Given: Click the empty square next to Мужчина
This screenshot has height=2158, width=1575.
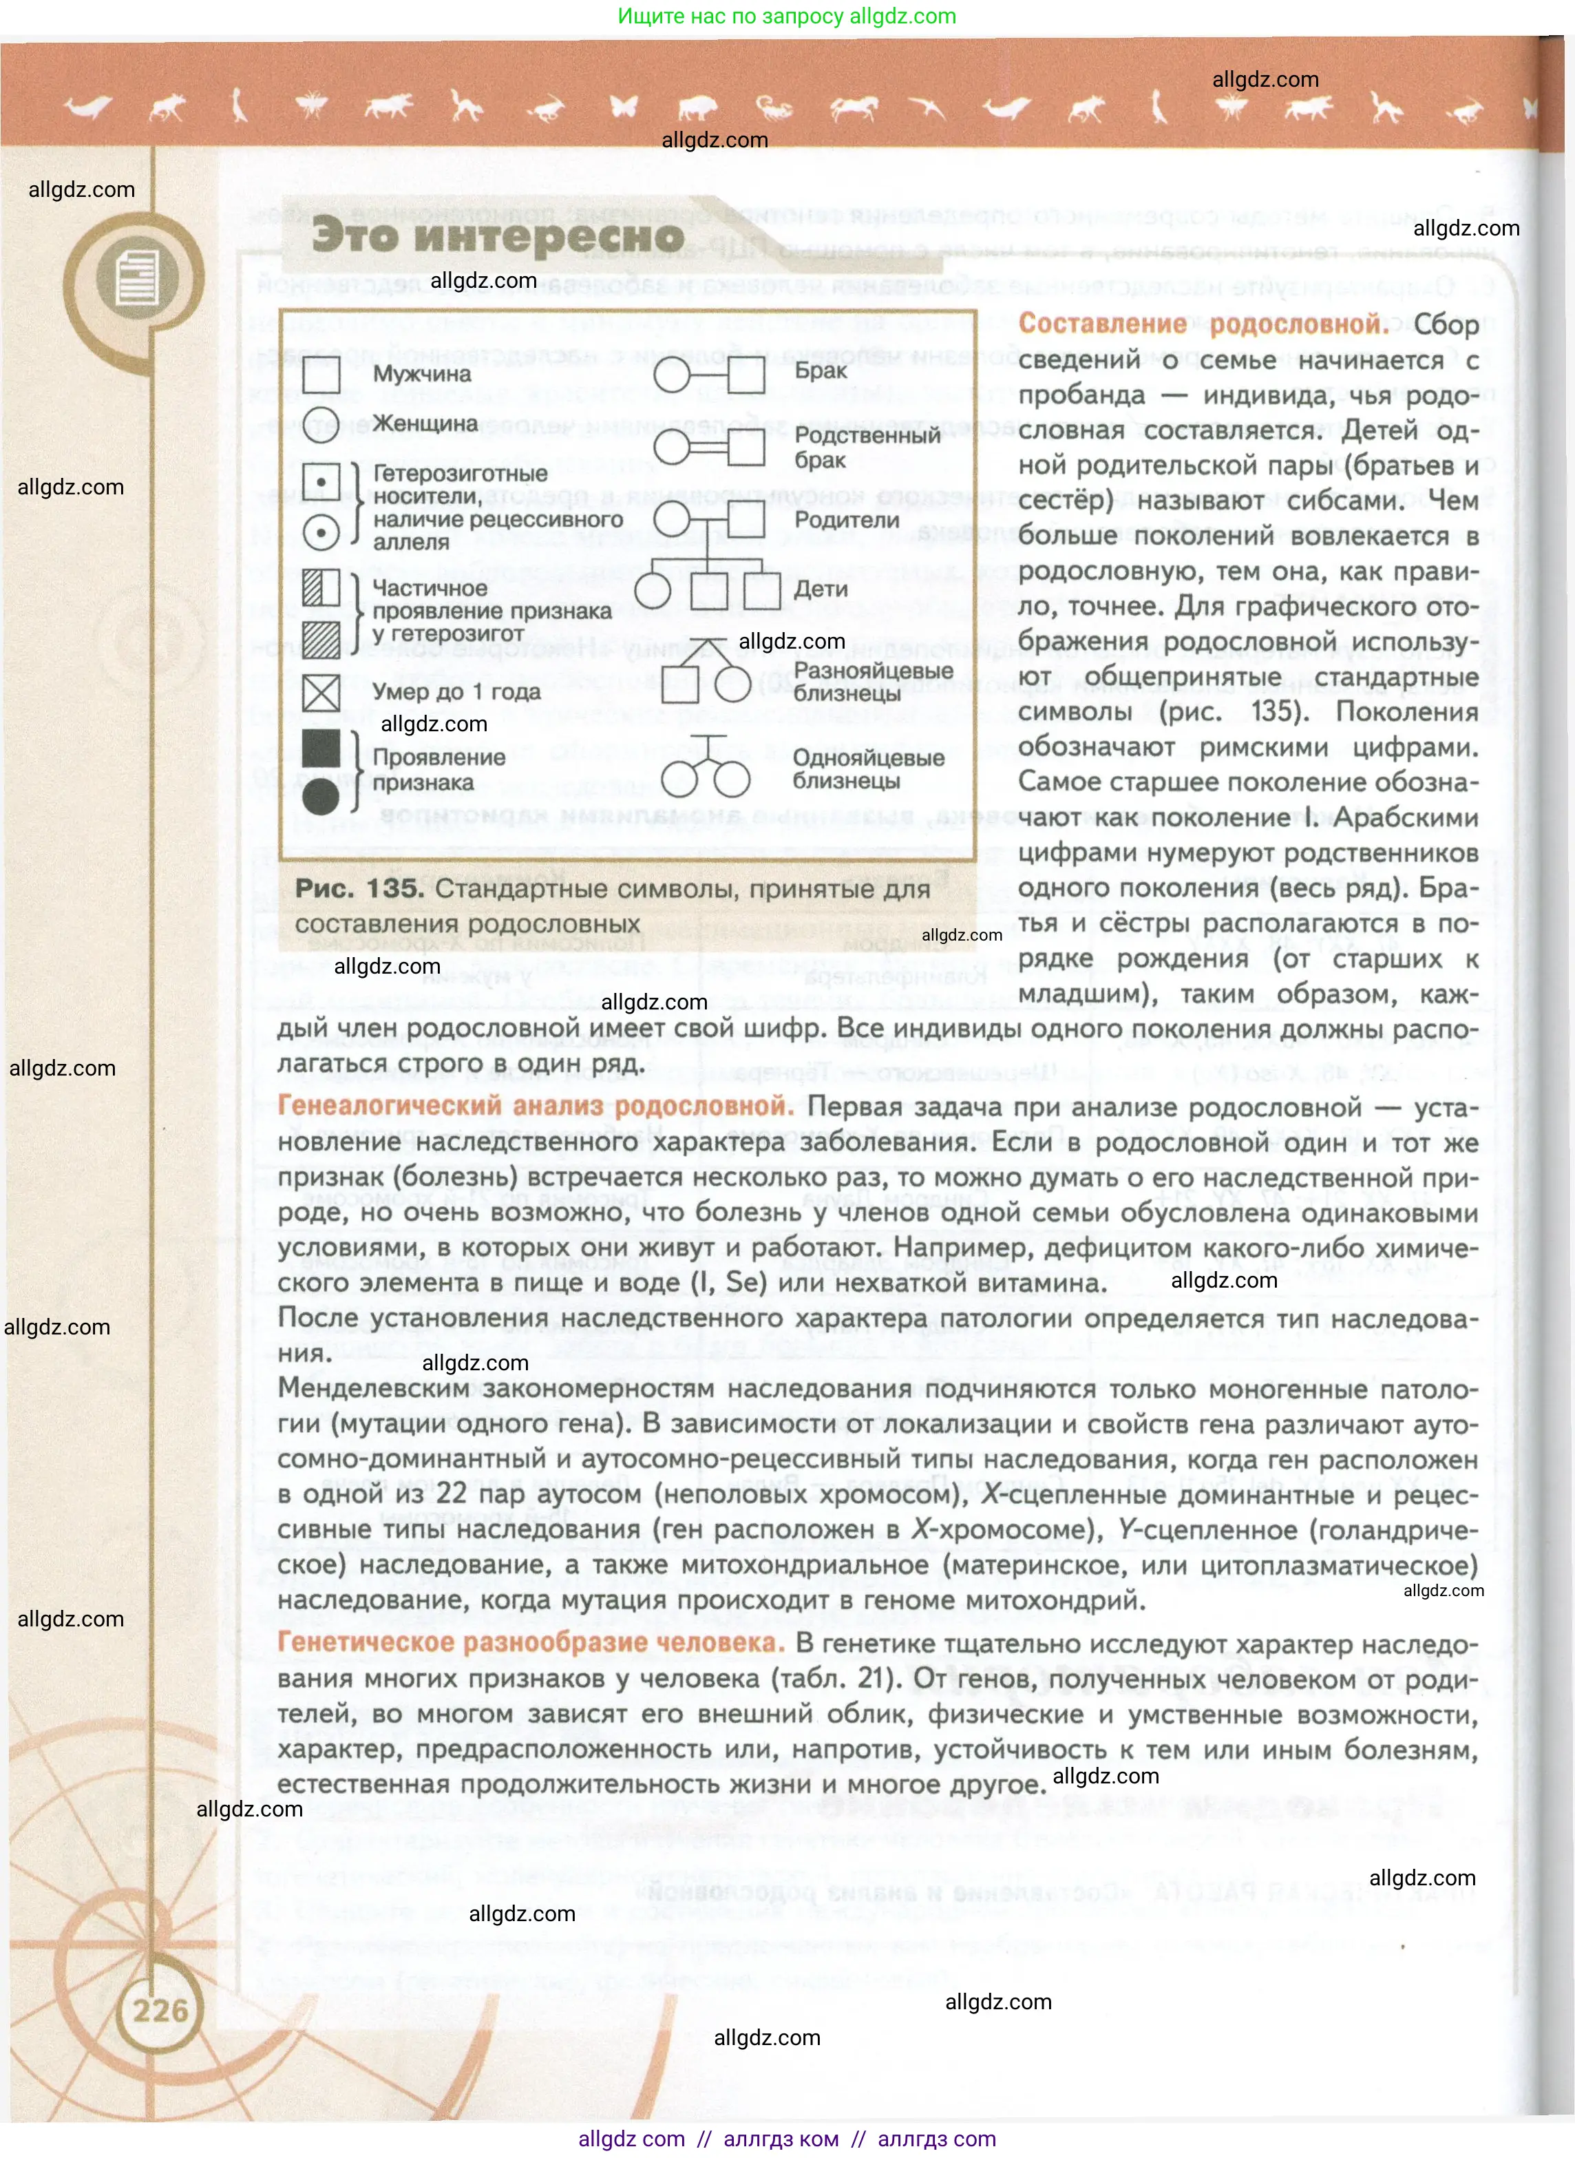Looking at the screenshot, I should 321,373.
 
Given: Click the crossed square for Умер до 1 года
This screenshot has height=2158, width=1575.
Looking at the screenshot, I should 321,692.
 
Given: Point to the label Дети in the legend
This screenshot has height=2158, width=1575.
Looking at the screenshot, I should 820,589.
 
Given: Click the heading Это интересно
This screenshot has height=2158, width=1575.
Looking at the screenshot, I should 498,235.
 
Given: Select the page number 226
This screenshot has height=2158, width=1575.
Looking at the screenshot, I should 160,2010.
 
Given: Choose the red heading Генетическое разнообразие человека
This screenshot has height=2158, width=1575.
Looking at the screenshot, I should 530,1642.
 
